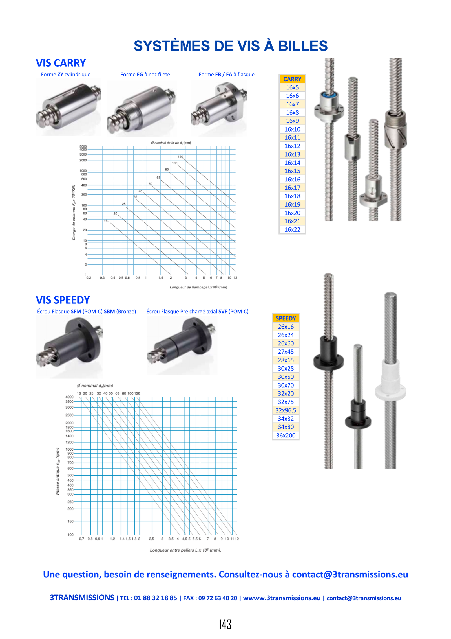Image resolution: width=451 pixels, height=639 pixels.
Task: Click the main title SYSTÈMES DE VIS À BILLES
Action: click(x=231, y=46)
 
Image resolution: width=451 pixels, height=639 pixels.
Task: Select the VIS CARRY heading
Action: click(x=61, y=63)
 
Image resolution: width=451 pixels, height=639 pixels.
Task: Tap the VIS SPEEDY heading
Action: click(x=63, y=300)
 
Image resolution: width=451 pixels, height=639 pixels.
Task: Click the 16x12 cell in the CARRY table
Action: click(x=292, y=146)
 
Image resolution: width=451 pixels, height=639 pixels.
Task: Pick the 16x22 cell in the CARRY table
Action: click(x=292, y=229)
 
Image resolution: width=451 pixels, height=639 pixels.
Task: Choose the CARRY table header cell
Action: click(x=292, y=79)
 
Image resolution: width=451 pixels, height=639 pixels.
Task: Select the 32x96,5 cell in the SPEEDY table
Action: click(x=286, y=410)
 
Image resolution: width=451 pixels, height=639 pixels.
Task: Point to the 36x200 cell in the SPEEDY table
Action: click(x=286, y=435)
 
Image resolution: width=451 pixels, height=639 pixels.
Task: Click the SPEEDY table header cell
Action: click(x=286, y=318)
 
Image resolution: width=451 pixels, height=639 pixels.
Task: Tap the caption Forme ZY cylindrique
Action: click(x=66, y=75)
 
